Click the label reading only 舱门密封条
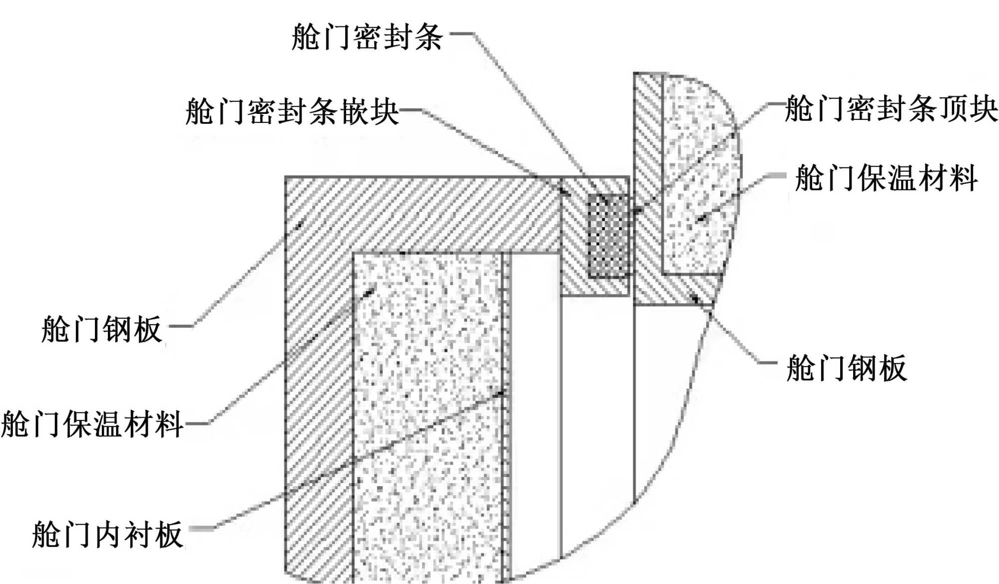tap(367, 36)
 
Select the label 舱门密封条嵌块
tap(292, 110)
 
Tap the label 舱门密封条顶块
tap(891, 108)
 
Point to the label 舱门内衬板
tap(107, 534)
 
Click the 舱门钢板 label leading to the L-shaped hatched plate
tap(102, 329)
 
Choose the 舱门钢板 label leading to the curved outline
tap(846, 368)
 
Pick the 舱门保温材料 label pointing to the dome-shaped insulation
tap(886, 178)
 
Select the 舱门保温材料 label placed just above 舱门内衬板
tap(92, 424)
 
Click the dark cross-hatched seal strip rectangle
tap(608, 235)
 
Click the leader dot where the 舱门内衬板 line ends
tap(502, 394)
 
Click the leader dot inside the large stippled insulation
tap(370, 291)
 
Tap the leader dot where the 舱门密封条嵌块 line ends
tap(563, 190)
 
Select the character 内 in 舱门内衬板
tap(107, 534)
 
